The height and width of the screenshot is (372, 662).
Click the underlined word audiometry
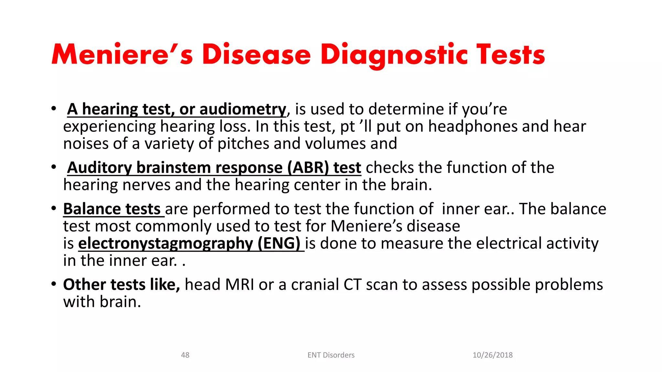(x=243, y=109)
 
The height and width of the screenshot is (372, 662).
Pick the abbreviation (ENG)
(x=279, y=243)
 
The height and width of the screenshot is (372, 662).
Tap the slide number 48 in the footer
(x=185, y=355)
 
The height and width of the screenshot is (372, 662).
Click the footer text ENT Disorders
(x=331, y=355)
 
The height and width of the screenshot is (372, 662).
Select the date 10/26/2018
(x=493, y=355)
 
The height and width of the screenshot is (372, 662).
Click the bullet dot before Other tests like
(x=54, y=285)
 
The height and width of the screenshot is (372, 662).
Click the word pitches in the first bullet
(x=243, y=144)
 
